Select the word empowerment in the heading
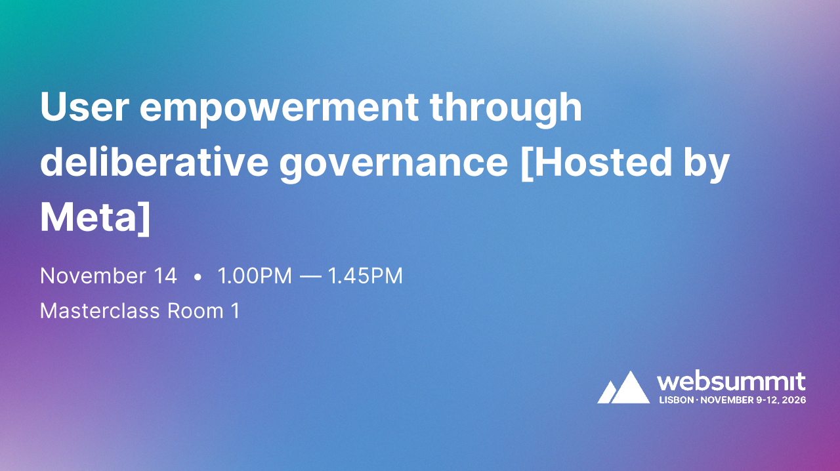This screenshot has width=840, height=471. coord(279,108)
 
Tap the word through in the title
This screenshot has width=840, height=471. coord(505,107)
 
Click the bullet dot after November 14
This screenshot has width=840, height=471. coord(198,277)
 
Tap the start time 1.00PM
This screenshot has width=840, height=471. coord(255,276)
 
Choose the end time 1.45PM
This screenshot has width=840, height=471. coord(366,276)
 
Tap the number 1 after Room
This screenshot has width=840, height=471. coord(235,310)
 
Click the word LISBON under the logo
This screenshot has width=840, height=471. coord(676,399)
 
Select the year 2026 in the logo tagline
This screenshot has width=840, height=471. coord(793,399)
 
